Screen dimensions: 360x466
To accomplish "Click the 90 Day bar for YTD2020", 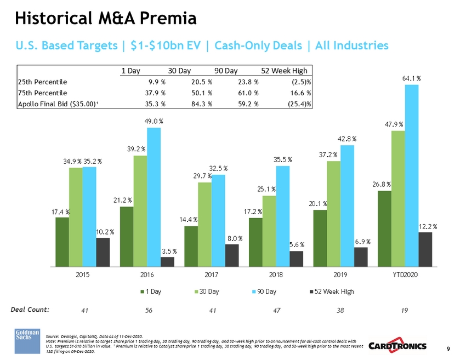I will [x=412, y=175].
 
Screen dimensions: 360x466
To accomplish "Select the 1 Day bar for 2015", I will [x=62, y=242].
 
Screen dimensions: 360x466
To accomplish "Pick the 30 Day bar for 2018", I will [x=269, y=231].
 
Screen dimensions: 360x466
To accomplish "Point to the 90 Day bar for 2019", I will [x=347, y=205].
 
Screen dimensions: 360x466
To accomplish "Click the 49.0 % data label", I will [x=154, y=121].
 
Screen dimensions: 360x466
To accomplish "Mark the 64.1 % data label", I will [x=411, y=78].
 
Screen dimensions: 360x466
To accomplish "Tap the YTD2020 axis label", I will [x=405, y=275].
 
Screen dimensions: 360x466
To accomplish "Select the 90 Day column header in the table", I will [x=225, y=70].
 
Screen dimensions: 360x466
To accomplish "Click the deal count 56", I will [x=149, y=310].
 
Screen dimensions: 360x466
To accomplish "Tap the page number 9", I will [x=448, y=348].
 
